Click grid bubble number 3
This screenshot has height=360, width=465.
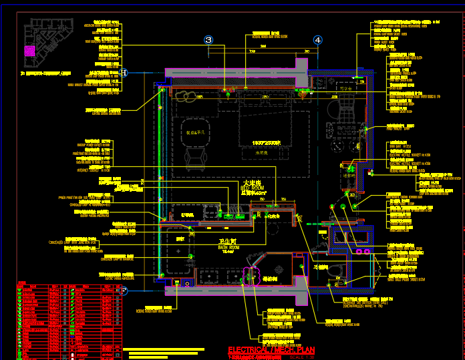[208, 40]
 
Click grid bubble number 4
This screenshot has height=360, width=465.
[317, 40]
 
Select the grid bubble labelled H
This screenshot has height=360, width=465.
[124, 73]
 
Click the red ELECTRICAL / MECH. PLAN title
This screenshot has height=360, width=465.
[271, 350]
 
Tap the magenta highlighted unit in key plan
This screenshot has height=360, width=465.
[29, 50]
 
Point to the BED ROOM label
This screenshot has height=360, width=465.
[252, 186]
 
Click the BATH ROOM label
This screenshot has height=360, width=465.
[228, 245]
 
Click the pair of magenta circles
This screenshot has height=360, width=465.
[363, 251]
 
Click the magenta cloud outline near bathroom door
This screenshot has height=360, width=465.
[251, 277]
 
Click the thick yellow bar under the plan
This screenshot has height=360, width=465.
[164, 349]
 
